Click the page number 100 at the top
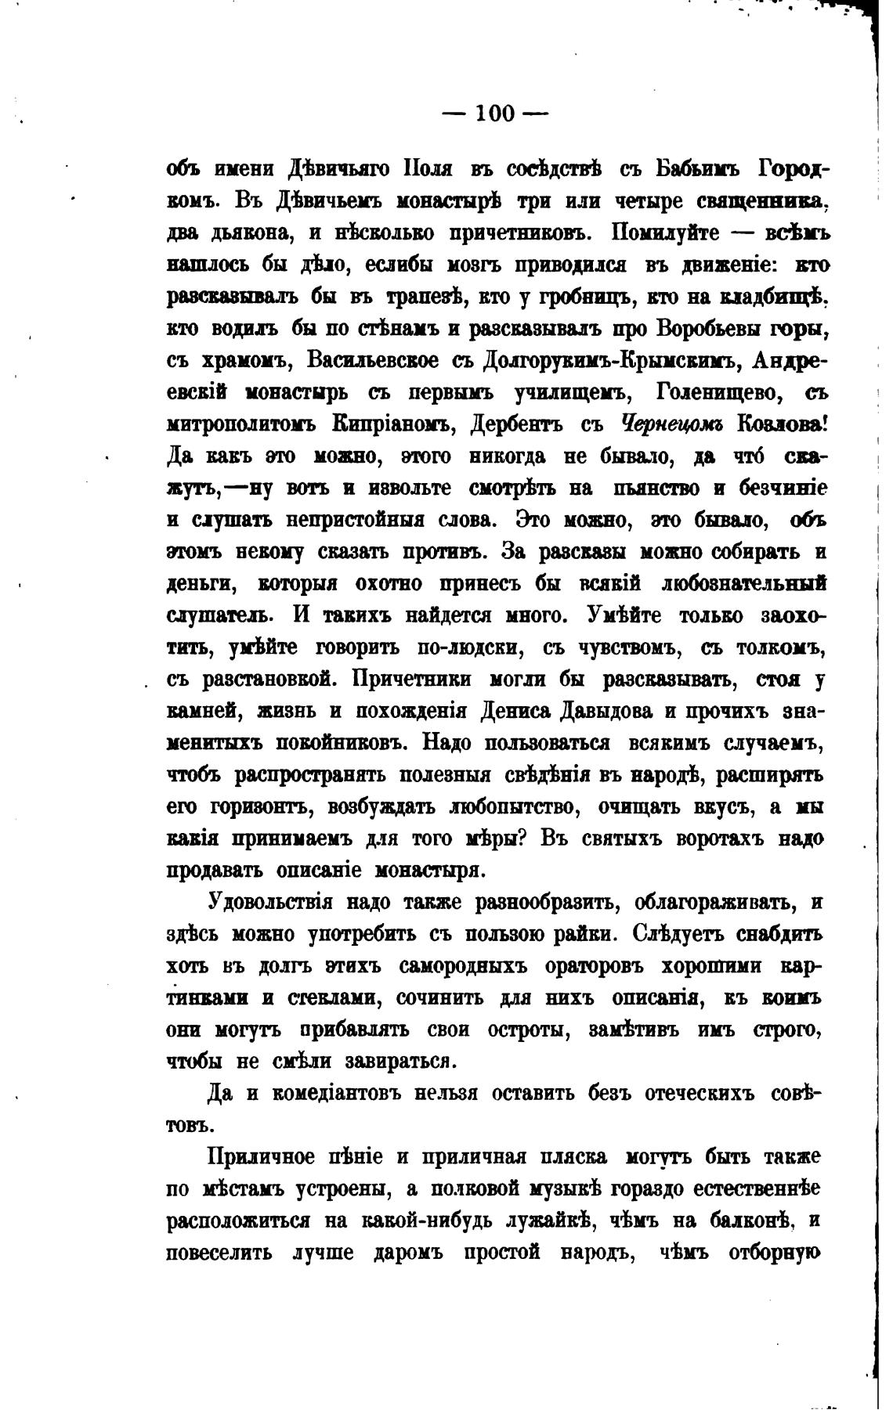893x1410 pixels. [495, 114]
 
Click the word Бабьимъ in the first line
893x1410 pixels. [696, 169]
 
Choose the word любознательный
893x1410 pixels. [743, 585]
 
